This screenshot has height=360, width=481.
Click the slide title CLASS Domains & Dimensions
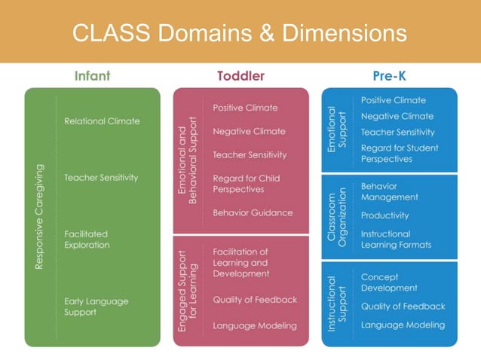coord(240,32)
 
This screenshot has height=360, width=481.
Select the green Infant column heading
coord(92,76)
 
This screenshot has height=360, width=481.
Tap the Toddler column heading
coord(240,76)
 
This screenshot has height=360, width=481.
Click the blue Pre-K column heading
coord(389,76)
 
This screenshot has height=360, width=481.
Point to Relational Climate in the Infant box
coord(102,121)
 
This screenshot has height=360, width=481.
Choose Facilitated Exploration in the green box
coord(87,239)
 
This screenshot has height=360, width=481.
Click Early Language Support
coord(97,307)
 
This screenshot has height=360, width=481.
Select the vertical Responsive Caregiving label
coord(40,217)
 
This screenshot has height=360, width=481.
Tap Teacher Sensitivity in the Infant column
coord(101,178)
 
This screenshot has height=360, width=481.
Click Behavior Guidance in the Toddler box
coord(253,213)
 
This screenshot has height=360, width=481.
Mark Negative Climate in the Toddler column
coord(249,131)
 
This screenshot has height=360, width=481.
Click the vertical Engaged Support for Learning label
coord(187,290)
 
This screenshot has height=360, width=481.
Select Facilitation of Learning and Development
coord(241,263)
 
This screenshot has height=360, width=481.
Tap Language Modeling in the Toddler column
coord(255,326)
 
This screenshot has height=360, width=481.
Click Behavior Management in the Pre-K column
coord(390,191)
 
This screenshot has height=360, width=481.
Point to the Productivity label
coord(384,215)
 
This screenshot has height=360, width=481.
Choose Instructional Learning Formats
coord(396,239)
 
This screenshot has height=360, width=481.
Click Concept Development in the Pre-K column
coord(389,282)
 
